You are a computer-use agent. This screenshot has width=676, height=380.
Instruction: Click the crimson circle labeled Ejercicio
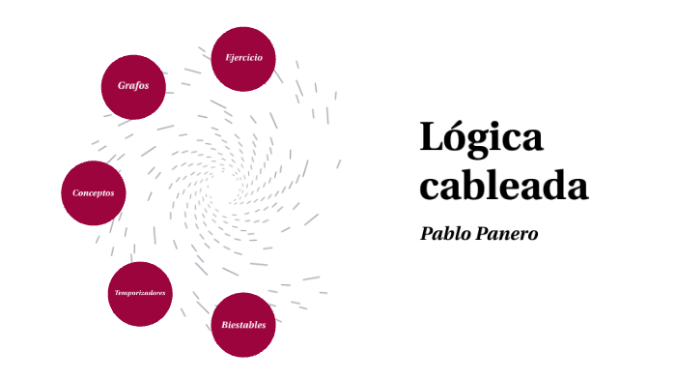click(x=243, y=58)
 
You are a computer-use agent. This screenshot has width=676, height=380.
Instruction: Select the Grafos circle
click(x=133, y=86)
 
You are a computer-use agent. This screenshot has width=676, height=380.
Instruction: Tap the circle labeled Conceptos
click(x=93, y=192)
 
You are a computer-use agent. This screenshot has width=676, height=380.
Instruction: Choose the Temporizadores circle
click(x=141, y=293)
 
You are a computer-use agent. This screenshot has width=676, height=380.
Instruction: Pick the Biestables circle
click(x=243, y=324)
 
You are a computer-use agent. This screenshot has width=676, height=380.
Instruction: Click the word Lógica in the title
click(x=481, y=138)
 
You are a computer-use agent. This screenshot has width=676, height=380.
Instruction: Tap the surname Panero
click(x=509, y=234)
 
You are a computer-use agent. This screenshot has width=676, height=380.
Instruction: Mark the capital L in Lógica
click(x=431, y=137)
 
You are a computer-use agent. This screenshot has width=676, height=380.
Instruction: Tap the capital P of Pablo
click(x=428, y=234)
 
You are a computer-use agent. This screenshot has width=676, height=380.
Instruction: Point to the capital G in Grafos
click(x=122, y=86)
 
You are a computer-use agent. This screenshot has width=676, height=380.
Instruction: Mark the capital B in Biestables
click(x=224, y=325)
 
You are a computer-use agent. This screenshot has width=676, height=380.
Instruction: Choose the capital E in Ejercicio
click(x=228, y=58)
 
